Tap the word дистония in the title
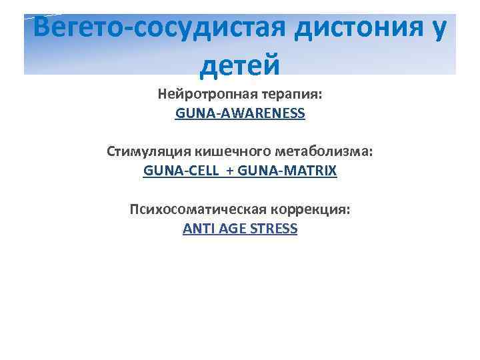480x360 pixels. (356, 29)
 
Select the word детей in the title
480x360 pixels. (239, 65)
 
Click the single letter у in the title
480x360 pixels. (438, 30)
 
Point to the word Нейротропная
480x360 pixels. (203, 95)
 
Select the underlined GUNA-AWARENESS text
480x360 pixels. (240, 113)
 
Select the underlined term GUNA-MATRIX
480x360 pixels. (287, 171)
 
